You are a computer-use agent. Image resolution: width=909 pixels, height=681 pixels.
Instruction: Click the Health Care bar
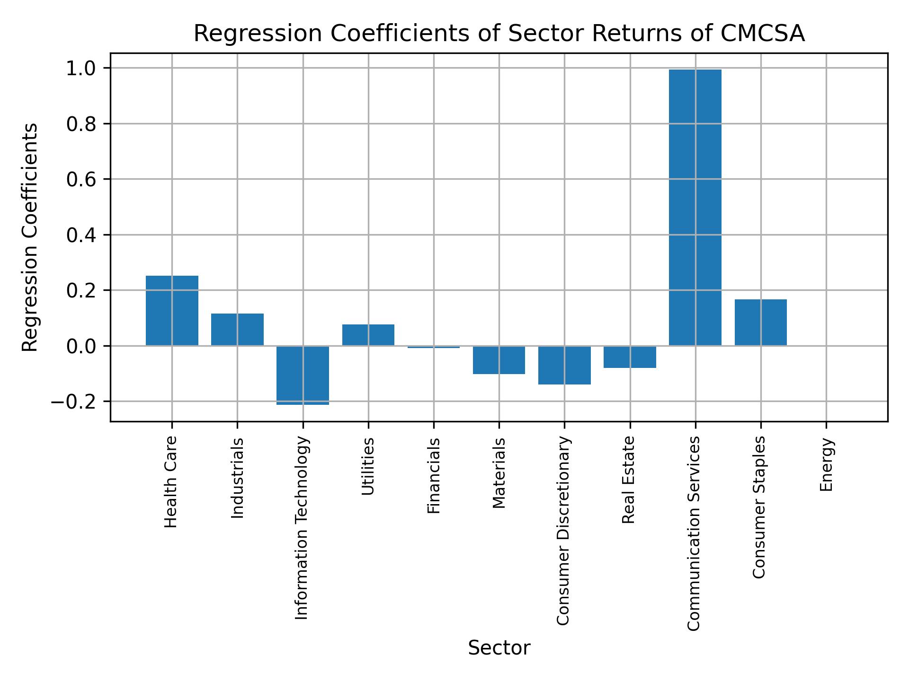click(172, 310)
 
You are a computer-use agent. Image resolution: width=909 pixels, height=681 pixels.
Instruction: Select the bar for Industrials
click(237, 329)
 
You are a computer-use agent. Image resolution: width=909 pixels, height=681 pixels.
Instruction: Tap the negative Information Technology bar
click(303, 375)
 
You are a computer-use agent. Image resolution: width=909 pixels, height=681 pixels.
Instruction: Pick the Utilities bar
click(368, 335)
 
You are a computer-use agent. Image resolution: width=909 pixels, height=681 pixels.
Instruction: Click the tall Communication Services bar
click(695, 208)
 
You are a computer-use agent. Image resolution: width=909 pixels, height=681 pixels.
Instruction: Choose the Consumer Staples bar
click(760, 322)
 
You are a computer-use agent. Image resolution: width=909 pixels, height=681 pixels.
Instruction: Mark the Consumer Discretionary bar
click(564, 365)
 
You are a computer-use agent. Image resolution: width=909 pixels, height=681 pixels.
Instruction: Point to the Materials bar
click(499, 360)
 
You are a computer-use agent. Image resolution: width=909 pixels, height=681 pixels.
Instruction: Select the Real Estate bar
click(630, 357)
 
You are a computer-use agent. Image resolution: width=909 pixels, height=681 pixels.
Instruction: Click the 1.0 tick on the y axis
click(81, 69)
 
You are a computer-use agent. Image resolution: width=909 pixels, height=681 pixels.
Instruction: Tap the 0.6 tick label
click(81, 179)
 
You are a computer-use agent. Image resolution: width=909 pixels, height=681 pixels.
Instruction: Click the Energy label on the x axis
click(826, 465)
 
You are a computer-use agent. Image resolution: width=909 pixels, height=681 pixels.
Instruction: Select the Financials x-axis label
click(434, 475)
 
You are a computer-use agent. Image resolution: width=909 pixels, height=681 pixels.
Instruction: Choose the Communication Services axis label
click(694, 533)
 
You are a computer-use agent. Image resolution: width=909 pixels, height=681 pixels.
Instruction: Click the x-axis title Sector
click(499, 648)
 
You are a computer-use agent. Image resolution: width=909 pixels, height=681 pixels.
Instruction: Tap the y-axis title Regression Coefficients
click(30, 237)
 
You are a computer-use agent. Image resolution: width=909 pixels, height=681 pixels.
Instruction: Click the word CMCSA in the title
click(763, 34)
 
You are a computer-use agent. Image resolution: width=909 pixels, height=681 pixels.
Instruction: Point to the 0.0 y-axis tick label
click(81, 346)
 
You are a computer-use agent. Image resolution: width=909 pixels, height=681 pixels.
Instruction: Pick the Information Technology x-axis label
click(302, 527)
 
